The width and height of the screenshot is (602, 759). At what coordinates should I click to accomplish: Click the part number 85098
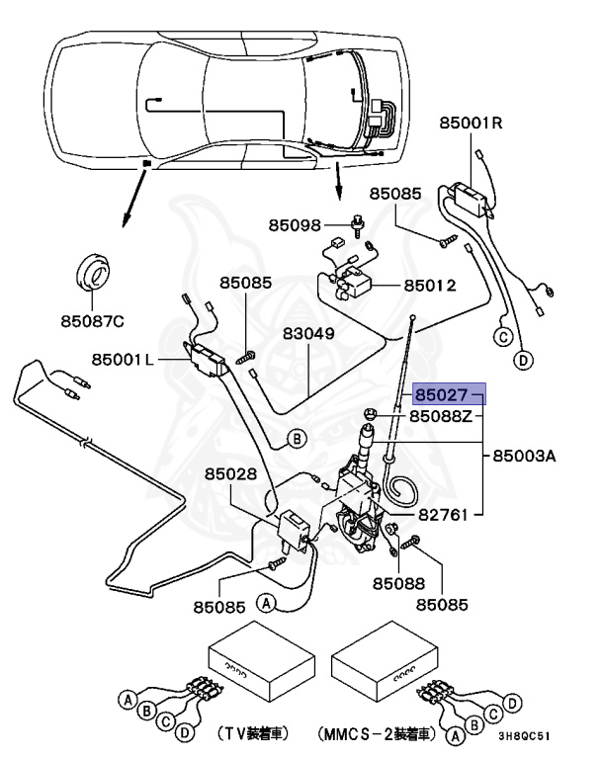296,225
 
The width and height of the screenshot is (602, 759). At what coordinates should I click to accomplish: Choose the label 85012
429,286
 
